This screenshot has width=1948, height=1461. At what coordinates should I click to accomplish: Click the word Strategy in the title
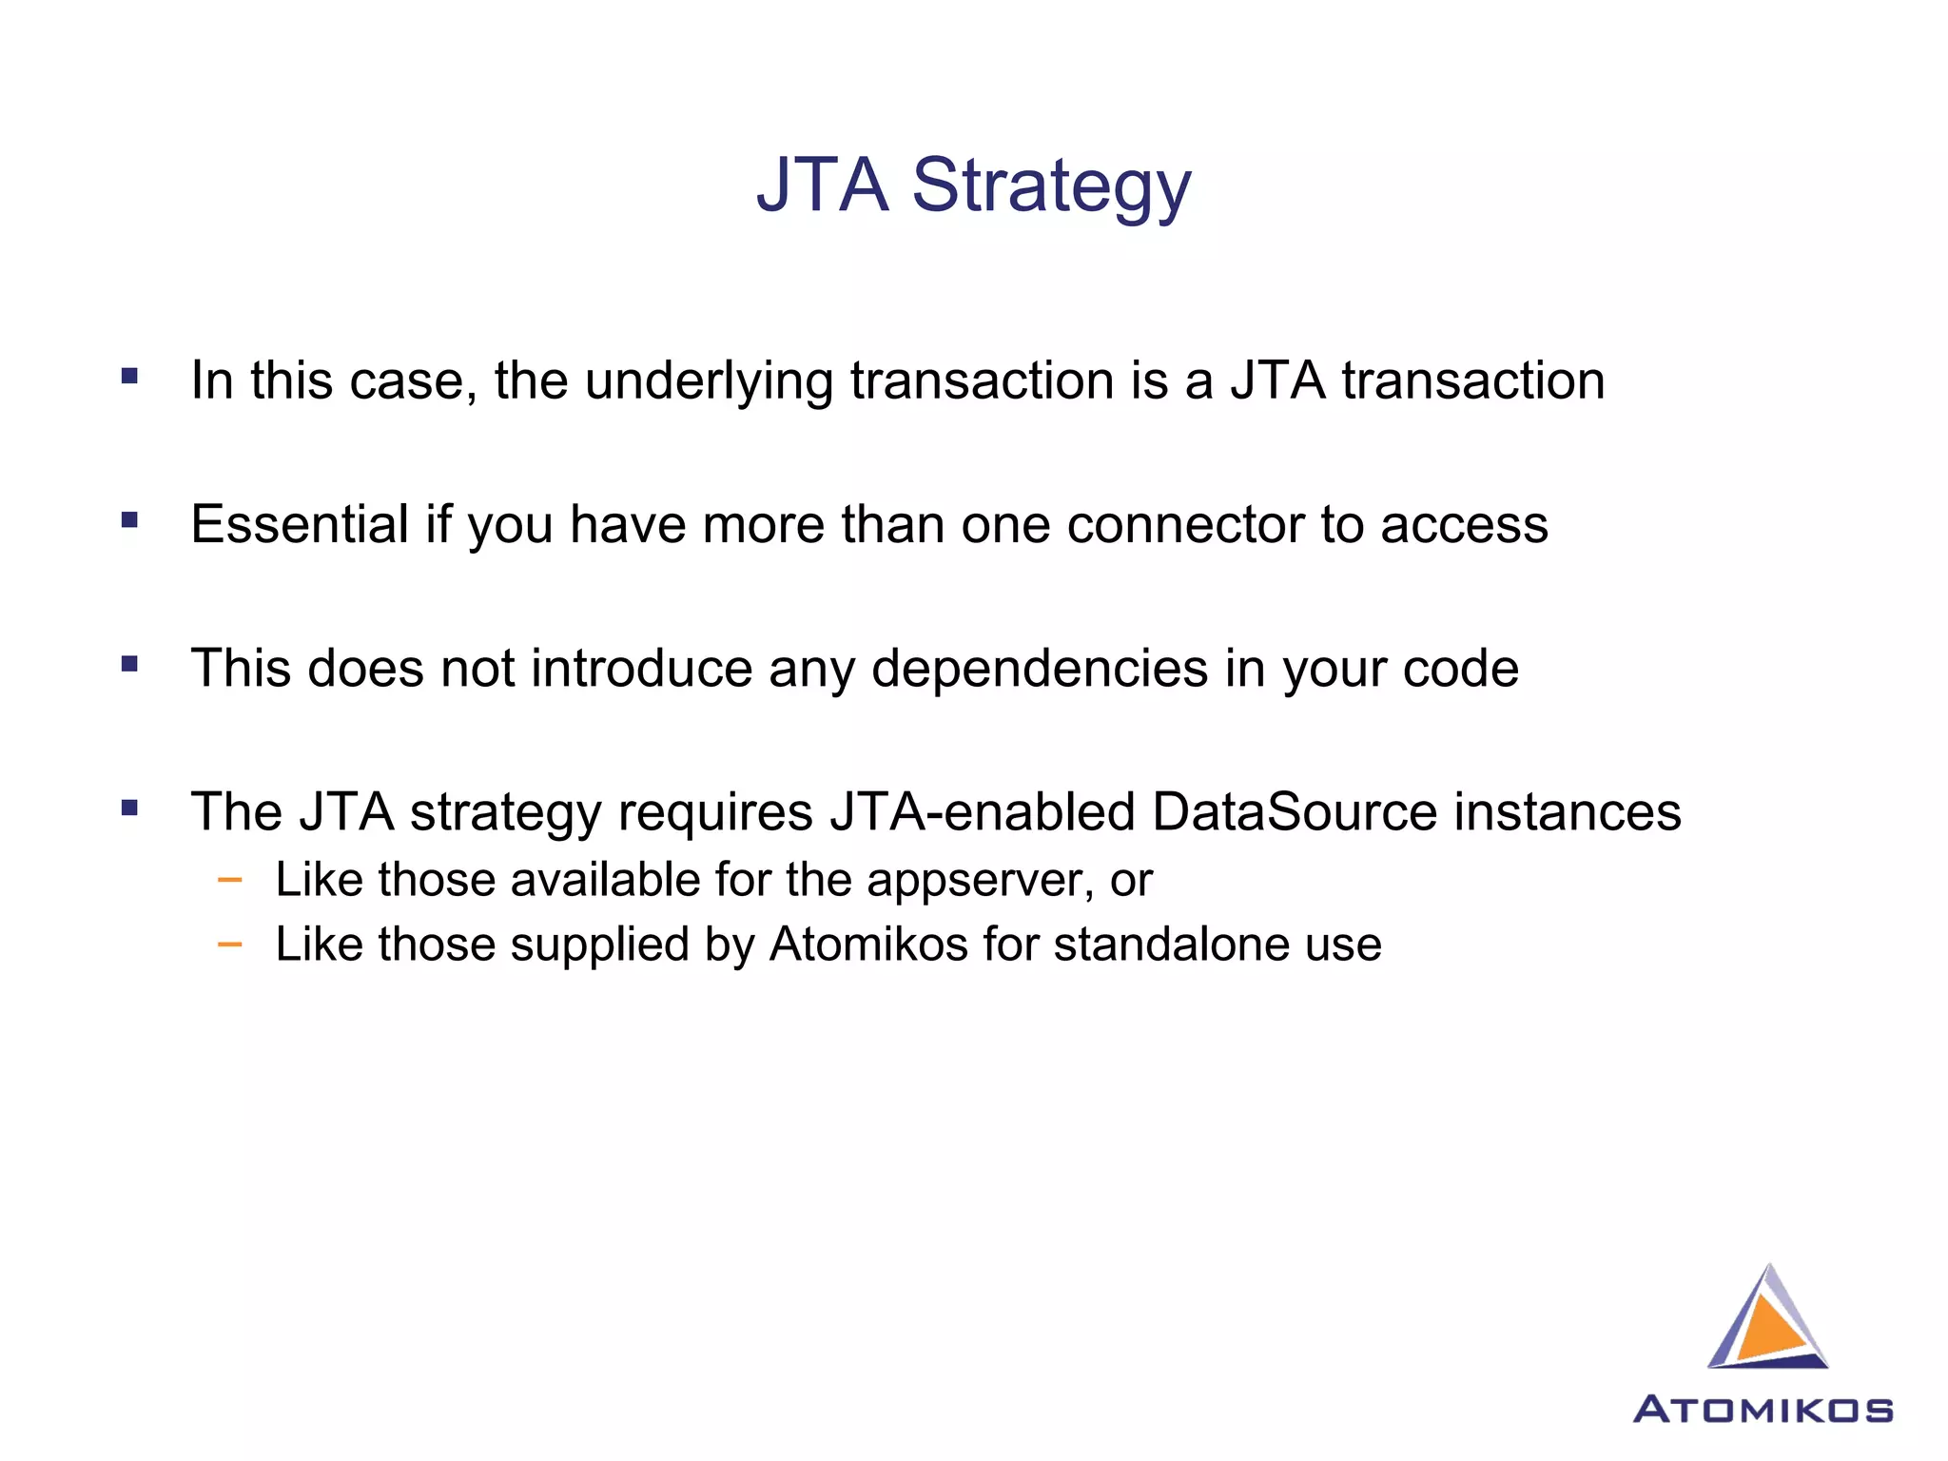pyautogui.click(x=1051, y=185)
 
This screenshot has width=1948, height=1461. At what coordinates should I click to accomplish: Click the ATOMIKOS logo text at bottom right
pyautogui.click(x=1763, y=1410)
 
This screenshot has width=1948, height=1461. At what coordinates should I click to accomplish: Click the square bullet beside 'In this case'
pyautogui.click(x=130, y=376)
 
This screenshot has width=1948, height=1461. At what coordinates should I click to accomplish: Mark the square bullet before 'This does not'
pyautogui.click(x=130, y=664)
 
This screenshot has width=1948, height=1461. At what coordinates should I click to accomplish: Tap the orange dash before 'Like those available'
pyautogui.click(x=229, y=880)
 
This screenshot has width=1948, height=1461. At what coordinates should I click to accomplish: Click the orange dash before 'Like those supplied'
pyautogui.click(x=229, y=945)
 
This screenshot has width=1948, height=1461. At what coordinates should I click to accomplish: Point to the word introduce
pyautogui.click(x=642, y=669)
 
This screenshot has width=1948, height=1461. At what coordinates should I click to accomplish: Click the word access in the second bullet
pyautogui.click(x=1464, y=525)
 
